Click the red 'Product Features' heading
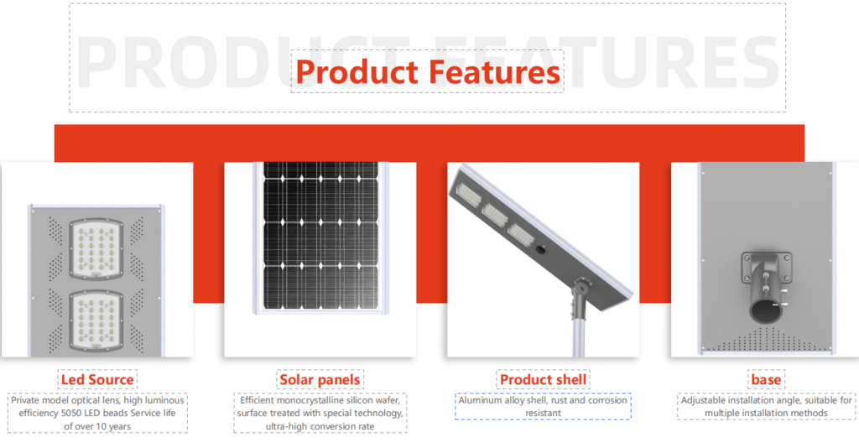tap(428, 72)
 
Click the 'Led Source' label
tap(97, 379)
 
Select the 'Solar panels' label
tap(320, 379)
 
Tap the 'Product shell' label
tap(543, 379)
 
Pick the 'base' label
tap(766, 379)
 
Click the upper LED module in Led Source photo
tap(96, 248)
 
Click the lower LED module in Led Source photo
tap(96, 321)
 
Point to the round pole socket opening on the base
tap(766, 312)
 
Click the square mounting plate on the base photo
tap(766, 268)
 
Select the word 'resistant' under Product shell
tap(543, 413)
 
